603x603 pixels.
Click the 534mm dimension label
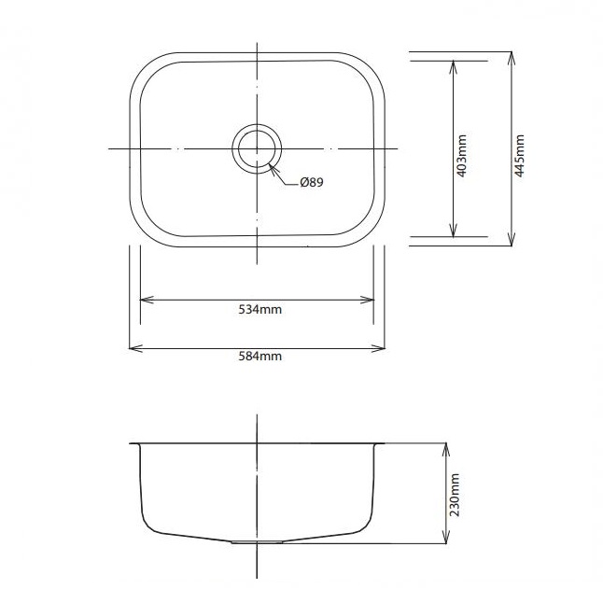260,310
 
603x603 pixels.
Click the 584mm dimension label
260,357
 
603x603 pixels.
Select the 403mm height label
461,156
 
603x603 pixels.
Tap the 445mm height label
519,156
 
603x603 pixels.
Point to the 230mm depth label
455,495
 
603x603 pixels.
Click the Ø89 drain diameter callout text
312,182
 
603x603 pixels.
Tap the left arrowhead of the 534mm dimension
147,300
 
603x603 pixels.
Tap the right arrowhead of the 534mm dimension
367,300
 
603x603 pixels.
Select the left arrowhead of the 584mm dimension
135,348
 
